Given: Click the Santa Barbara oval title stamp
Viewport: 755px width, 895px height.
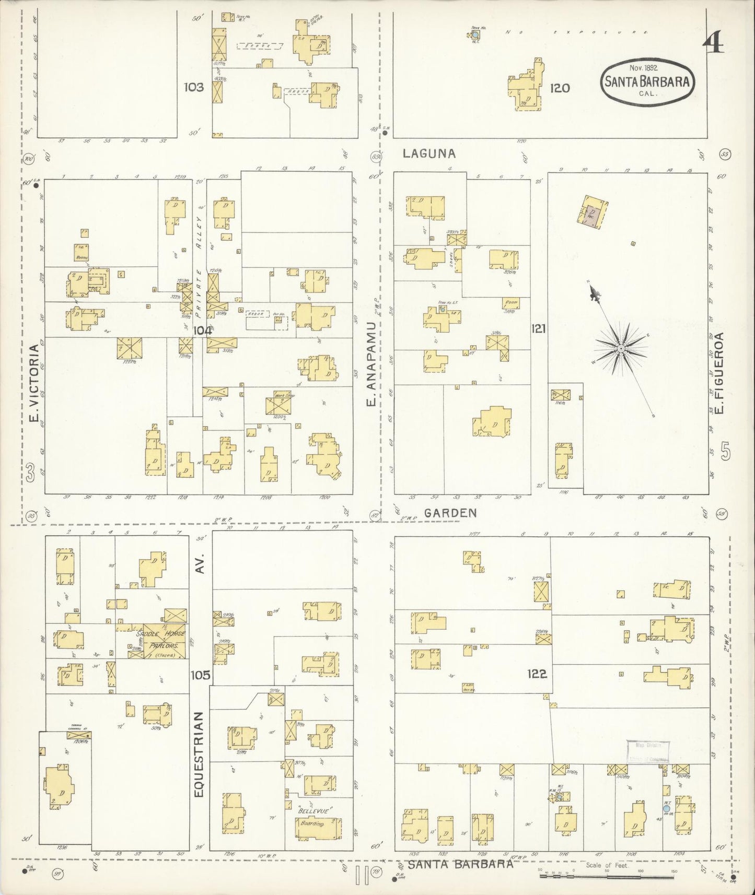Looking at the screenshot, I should coord(647,80).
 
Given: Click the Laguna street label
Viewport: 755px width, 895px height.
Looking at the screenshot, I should coord(429,154).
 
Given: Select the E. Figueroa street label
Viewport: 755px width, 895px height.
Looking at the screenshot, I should coord(719,374).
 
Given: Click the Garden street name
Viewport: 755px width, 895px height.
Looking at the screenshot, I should coord(450,513).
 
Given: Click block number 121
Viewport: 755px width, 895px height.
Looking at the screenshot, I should coord(538,328).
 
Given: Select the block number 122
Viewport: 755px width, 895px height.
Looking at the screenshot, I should coord(537,674).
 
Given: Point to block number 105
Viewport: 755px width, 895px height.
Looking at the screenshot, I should coord(200,675).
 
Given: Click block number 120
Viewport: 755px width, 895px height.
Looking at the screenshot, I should coord(560,88).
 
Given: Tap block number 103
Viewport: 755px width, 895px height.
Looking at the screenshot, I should coord(193,87).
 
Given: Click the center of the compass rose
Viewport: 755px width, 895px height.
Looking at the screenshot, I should coord(621,348).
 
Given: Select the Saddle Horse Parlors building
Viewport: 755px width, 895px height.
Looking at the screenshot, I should coord(161,640).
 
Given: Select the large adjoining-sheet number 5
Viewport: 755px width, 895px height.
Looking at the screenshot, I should coord(725,452).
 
